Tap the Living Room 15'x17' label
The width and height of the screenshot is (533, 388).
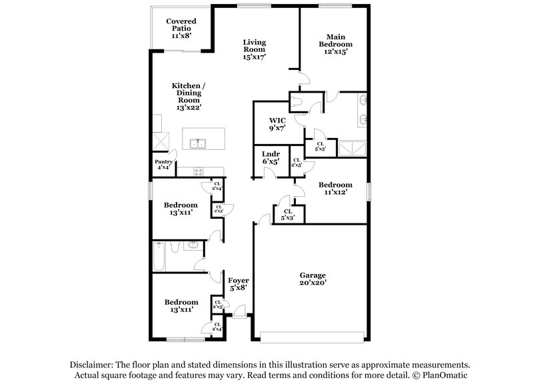(254, 49)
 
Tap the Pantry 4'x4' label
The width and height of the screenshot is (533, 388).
(164, 165)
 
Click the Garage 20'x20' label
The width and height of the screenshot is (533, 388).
(312, 279)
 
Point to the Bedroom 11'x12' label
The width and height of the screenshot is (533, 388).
(336, 189)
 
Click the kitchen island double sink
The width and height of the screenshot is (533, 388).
(197, 143)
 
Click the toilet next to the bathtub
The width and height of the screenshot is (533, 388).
(175, 248)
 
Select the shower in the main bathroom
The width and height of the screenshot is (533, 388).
(353, 147)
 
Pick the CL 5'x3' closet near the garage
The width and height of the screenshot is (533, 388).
(288, 215)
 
